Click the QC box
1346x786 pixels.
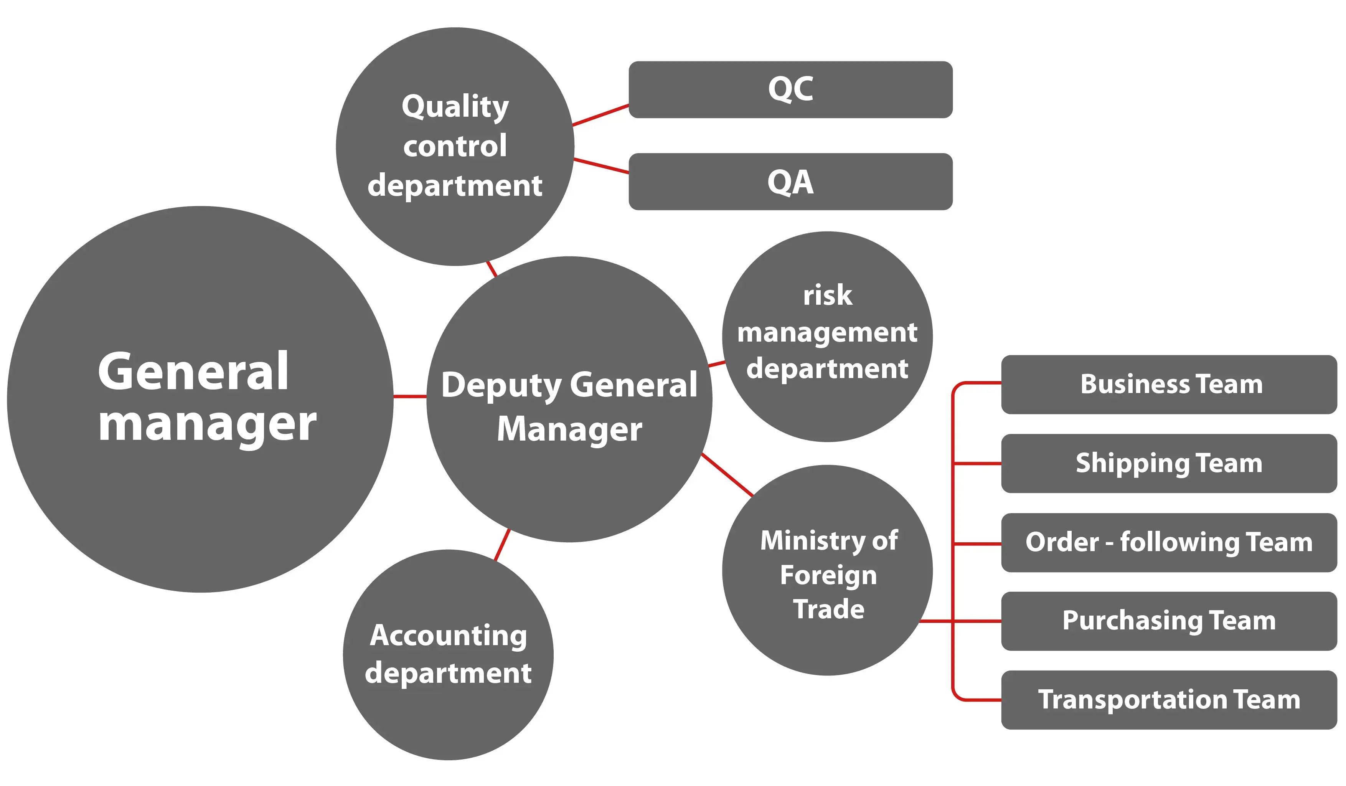click(790, 89)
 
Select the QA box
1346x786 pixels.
click(790, 182)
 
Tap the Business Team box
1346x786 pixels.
click(1169, 384)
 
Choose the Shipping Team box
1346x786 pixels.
click(1169, 463)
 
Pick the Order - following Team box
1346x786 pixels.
click(1169, 542)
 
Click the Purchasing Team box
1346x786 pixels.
click(1169, 621)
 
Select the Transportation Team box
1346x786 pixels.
click(1169, 700)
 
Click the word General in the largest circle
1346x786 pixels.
click(193, 372)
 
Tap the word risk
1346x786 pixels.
click(827, 296)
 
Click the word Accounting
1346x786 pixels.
click(448, 636)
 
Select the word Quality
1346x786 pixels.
click(455, 106)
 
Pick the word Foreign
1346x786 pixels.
click(828, 575)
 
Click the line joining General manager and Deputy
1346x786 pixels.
click(410, 396)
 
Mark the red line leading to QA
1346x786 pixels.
click(601, 166)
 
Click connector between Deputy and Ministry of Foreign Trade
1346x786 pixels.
click(727, 474)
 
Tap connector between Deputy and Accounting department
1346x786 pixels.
click(502, 545)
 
